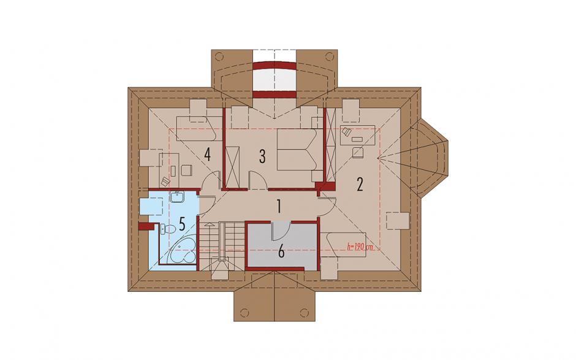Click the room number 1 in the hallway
pyautogui.click(x=279, y=207)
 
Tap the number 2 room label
pyautogui.click(x=360, y=184)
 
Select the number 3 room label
pyautogui.click(x=262, y=156)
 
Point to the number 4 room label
pyautogui.click(x=208, y=155)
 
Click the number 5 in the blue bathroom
pyautogui.click(x=182, y=224)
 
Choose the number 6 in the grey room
pyautogui.click(x=281, y=252)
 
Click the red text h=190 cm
pyautogui.click(x=360, y=247)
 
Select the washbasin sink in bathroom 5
pyautogui.click(x=178, y=197)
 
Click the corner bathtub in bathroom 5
pyautogui.click(x=181, y=252)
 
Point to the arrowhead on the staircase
pyautogui.click(x=209, y=224)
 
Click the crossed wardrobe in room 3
pyautogui.click(x=232, y=167)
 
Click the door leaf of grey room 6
pyautogui.click(x=281, y=230)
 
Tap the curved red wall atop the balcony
pyautogui.click(x=275, y=67)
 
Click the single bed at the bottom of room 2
pyautogui.click(x=344, y=245)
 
